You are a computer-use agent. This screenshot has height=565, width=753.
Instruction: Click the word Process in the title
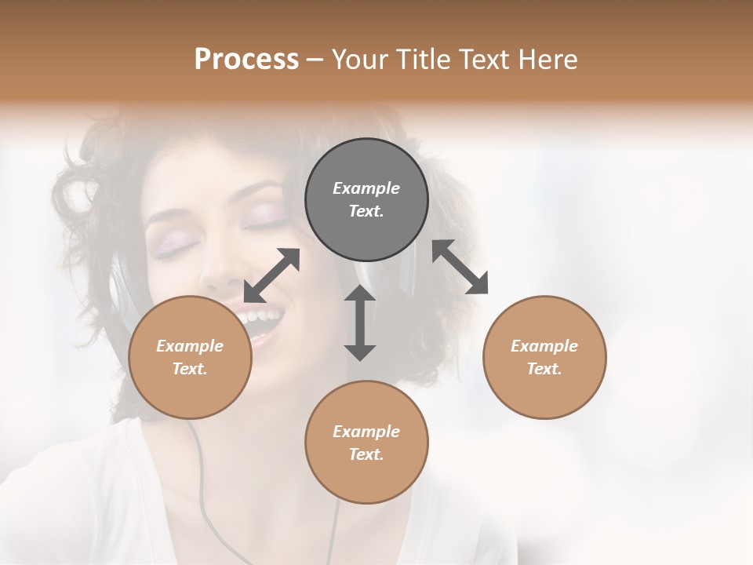point(246,60)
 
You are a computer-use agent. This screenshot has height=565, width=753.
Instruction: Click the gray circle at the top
point(366,199)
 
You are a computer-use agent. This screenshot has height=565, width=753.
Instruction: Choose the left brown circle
point(190,357)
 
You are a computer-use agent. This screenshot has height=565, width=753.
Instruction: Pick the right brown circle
point(544,357)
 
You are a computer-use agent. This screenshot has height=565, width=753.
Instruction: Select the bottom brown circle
point(366,442)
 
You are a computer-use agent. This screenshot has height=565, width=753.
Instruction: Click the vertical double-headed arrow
point(360,323)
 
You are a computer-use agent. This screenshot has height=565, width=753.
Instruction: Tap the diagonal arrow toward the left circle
point(271,275)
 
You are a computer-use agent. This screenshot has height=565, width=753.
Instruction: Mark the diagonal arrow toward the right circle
point(460,267)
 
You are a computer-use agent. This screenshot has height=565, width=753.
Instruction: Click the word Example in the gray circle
point(366,188)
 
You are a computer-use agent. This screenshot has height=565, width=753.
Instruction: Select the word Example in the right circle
point(544,346)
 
